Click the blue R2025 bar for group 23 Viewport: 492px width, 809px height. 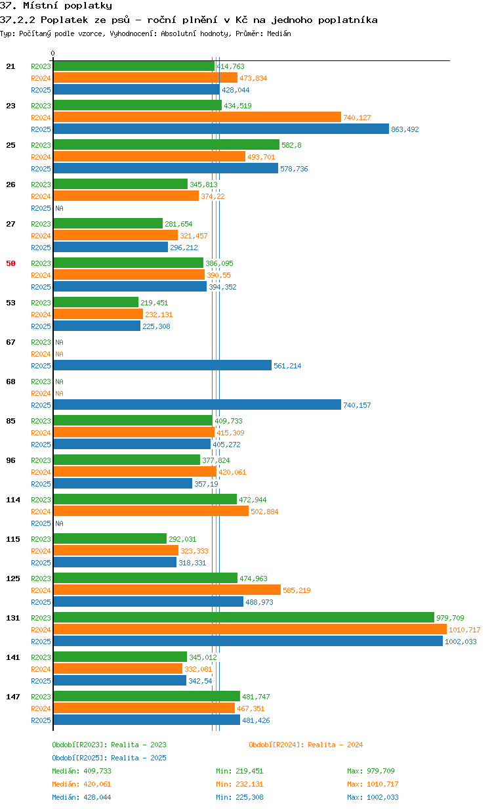coord(221,129)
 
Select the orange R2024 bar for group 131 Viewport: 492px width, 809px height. coord(250,630)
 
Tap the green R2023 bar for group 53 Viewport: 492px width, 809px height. coord(96,302)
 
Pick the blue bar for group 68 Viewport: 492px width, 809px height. coord(197,405)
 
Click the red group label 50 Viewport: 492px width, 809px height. coord(10,263)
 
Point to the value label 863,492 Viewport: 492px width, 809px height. coord(405,129)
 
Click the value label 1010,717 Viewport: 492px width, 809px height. coord(464,630)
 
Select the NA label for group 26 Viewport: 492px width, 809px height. coord(59,208)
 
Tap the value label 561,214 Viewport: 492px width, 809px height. coord(287,366)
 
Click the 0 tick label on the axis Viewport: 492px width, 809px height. coord(52,53)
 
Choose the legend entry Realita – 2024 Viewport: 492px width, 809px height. coord(306,745)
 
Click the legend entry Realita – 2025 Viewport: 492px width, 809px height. coord(110,758)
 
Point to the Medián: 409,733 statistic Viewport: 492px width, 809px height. coord(81,771)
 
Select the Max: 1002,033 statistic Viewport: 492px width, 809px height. coord(373,797)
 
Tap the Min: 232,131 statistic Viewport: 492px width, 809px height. coord(239,784)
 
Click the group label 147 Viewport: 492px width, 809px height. coord(13,697)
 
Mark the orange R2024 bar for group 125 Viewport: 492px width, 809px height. coord(167,590)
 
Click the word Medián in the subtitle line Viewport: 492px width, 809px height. coord(279,33)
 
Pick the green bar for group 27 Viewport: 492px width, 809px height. coord(108,223)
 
